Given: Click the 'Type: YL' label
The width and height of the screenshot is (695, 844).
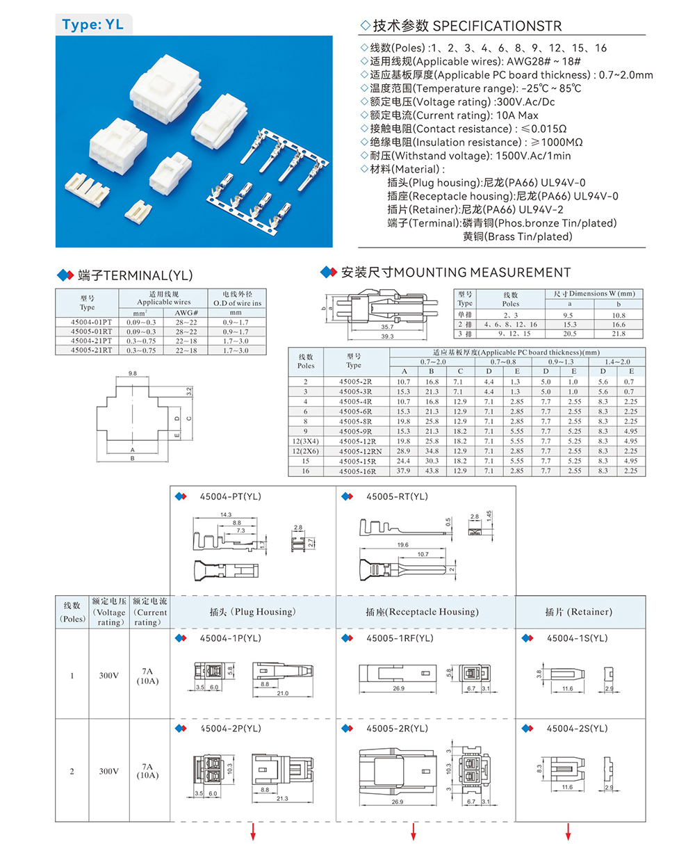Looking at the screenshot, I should point(92,24).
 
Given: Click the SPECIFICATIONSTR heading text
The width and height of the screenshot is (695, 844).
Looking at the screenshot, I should point(497,26).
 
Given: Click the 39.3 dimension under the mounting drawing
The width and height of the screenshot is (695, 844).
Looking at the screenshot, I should point(387,336).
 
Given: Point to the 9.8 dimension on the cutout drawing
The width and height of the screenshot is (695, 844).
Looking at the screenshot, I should point(132,373).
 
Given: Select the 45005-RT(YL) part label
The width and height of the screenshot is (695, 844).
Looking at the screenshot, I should point(397,496).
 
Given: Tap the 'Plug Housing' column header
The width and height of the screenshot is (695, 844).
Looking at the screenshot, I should point(252,612).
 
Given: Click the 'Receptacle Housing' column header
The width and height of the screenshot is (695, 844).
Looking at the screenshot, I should point(422,612).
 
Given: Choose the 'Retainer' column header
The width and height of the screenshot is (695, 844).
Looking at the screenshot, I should point(579,612).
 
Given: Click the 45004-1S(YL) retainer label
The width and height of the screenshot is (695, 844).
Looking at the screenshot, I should point(577,638).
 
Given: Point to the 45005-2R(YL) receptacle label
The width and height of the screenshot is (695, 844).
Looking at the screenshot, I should point(397,729).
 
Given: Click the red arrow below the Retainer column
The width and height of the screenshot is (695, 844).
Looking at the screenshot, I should point(568,831).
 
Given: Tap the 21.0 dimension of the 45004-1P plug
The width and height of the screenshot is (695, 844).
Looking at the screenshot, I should point(281,694).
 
